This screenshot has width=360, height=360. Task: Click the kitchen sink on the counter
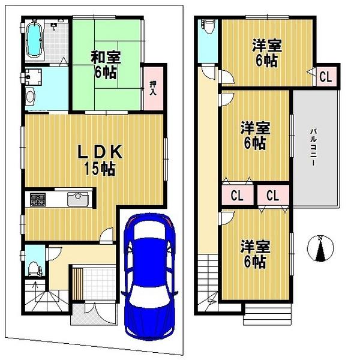click(78, 199)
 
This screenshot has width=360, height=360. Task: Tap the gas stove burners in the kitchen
click(37, 199)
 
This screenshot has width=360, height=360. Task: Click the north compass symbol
click(320, 248)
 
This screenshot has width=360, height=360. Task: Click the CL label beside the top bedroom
click(325, 77)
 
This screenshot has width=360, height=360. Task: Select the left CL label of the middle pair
click(236, 195)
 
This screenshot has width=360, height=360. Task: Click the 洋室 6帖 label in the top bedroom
click(266, 52)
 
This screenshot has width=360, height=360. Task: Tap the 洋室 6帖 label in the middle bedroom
click(255, 135)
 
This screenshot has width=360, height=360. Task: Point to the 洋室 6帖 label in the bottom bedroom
click(255, 254)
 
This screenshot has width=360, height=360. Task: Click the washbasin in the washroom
click(31, 96)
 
